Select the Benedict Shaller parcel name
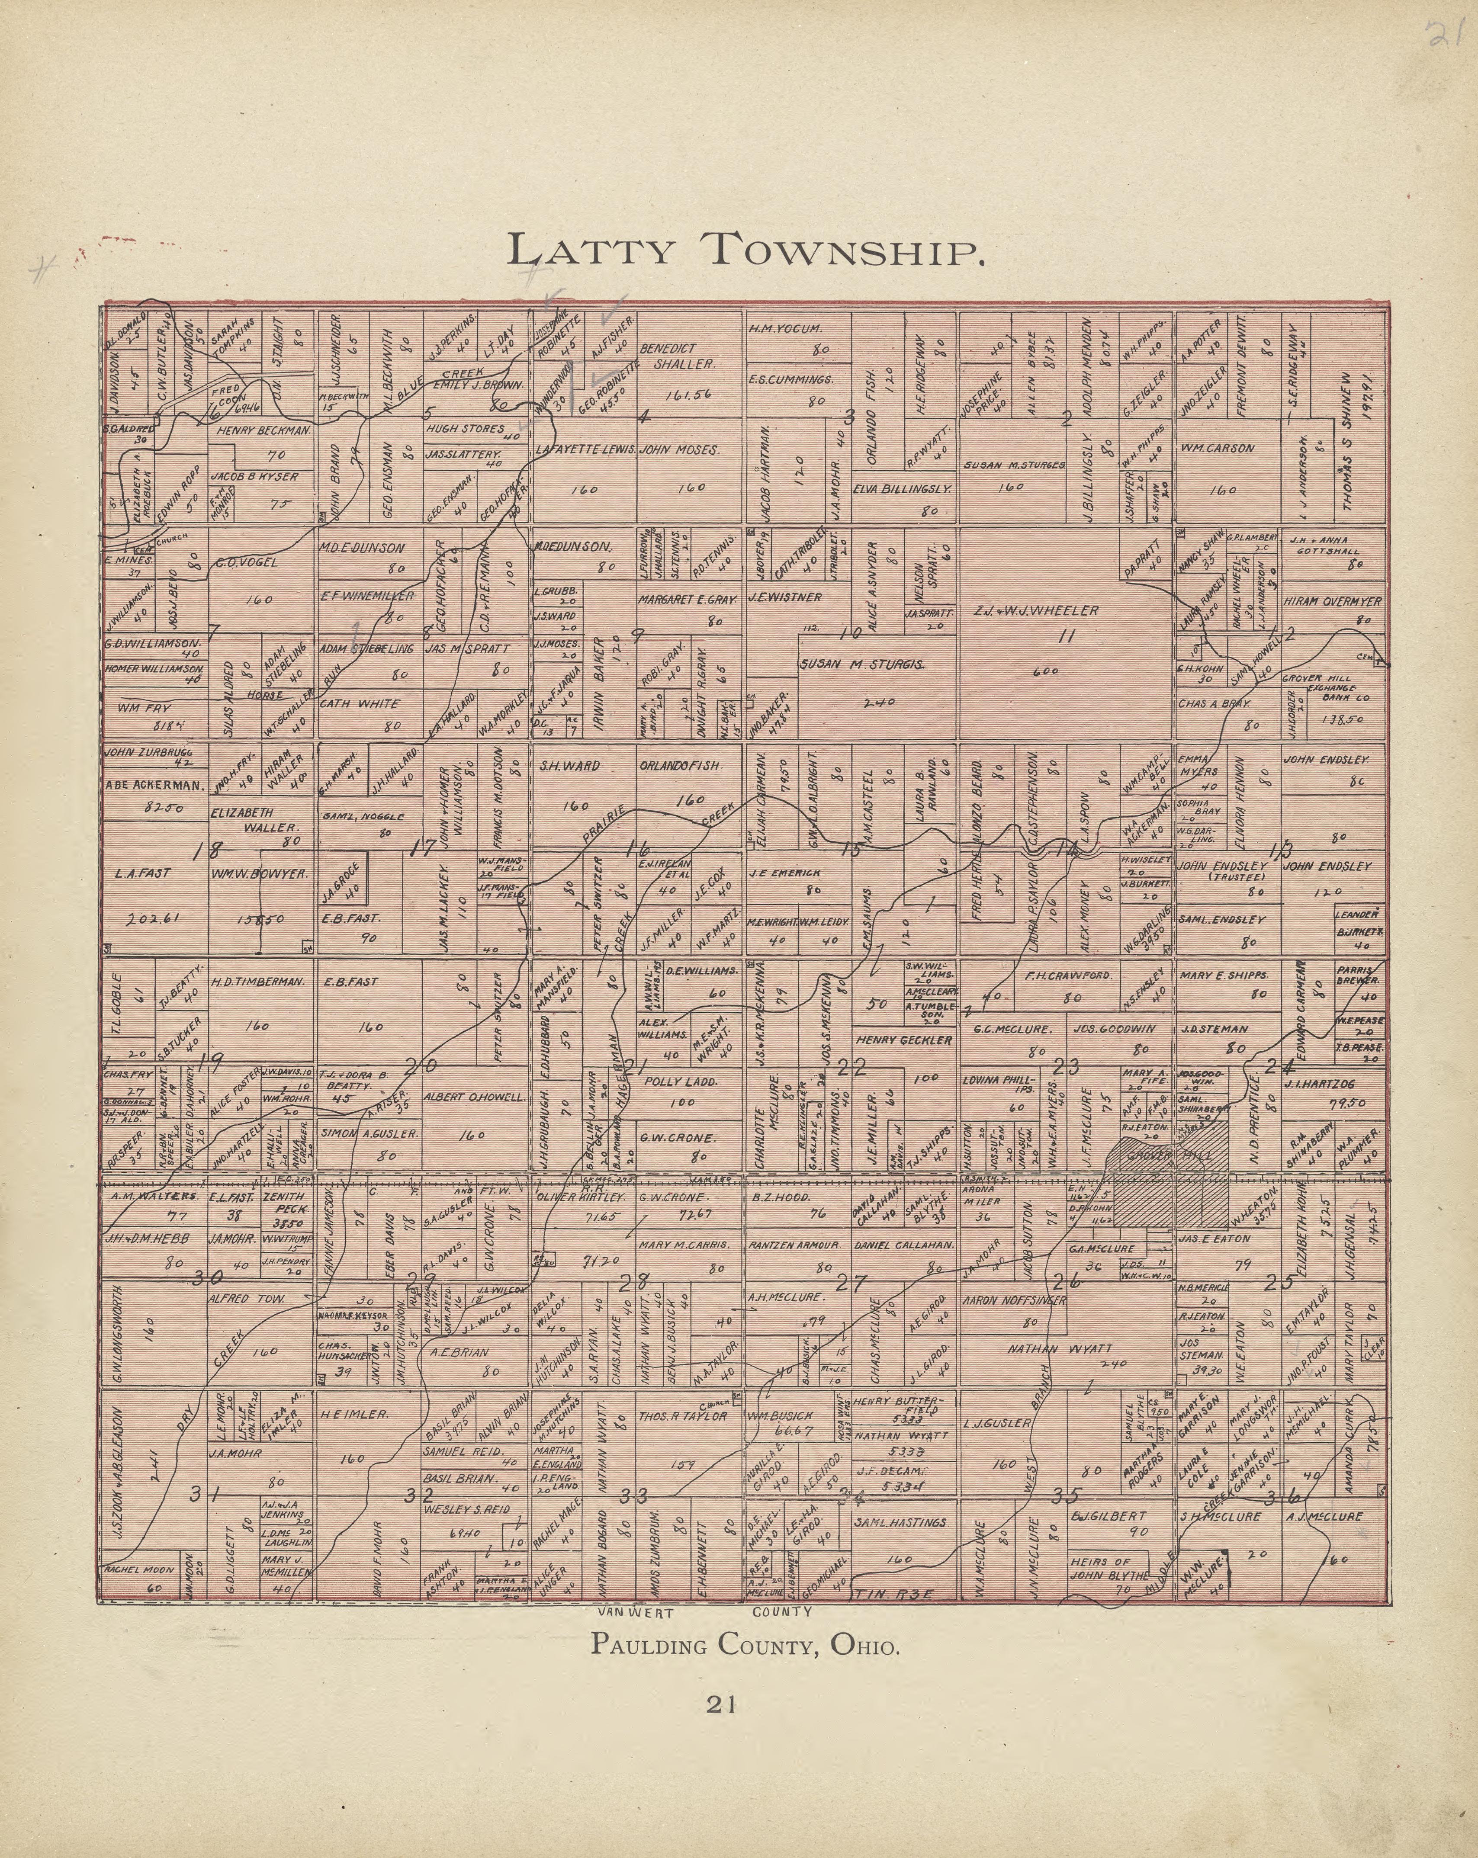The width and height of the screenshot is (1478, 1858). [x=679, y=356]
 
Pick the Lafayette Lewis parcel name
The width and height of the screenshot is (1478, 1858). [x=585, y=450]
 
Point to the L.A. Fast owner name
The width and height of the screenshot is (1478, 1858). [x=143, y=873]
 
